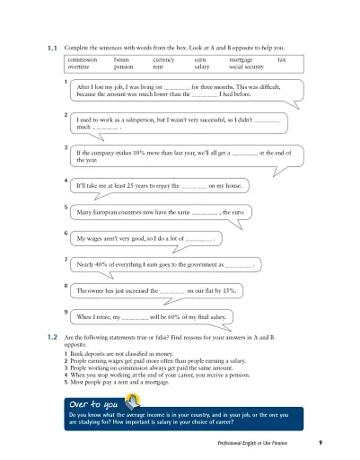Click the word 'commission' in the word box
83,58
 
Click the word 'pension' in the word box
124,66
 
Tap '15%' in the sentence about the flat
229,291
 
